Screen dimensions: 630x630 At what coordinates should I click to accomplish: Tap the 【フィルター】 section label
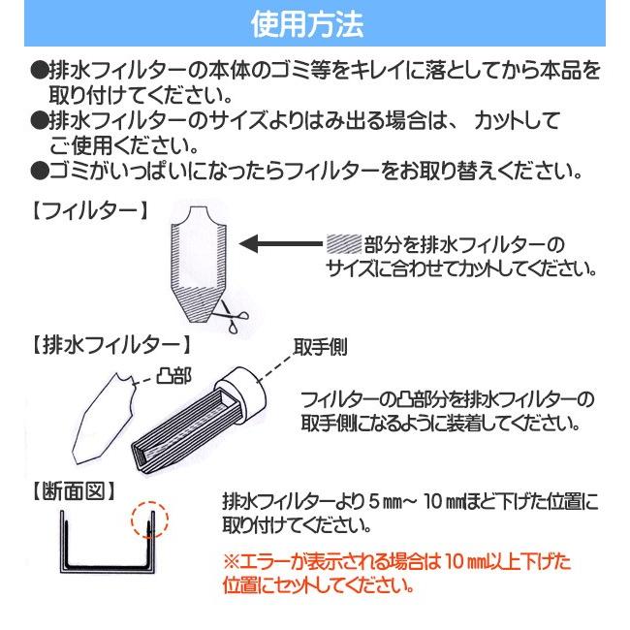point(85,208)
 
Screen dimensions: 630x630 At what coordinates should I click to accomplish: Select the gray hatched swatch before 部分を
point(345,243)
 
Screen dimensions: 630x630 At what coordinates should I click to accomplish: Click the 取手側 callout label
point(321,345)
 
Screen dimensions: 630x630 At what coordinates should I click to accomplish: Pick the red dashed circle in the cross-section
point(148,524)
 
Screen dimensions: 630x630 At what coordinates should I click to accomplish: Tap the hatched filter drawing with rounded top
point(203,257)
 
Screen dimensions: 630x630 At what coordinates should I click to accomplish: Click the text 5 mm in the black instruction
point(387,502)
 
